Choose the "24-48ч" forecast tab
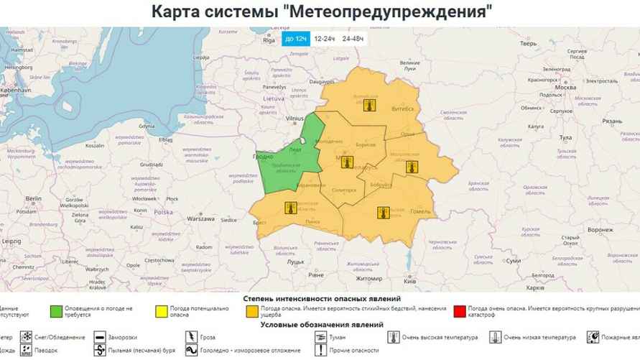[353, 38]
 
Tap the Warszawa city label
[202, 218]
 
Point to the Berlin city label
[34, 198]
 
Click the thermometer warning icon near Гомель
[384, 212]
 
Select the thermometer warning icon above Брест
[290, 208]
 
